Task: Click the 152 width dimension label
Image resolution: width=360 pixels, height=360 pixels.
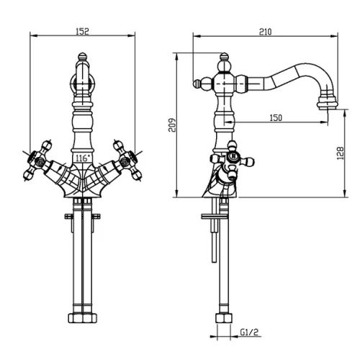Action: [82, 32]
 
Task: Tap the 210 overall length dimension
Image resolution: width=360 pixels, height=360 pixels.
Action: [265, 32]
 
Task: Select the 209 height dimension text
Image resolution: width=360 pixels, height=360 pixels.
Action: [172, 125]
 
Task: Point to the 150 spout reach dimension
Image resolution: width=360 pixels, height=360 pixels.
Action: [276, 118]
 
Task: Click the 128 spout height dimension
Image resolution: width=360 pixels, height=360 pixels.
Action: [340, 153]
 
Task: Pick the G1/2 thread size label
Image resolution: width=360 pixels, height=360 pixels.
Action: [249, 332]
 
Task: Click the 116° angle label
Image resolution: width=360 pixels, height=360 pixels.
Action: [83, 158]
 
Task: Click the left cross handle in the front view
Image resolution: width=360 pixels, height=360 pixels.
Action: [38, 160]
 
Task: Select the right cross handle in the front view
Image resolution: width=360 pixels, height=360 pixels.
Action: [127, 160]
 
